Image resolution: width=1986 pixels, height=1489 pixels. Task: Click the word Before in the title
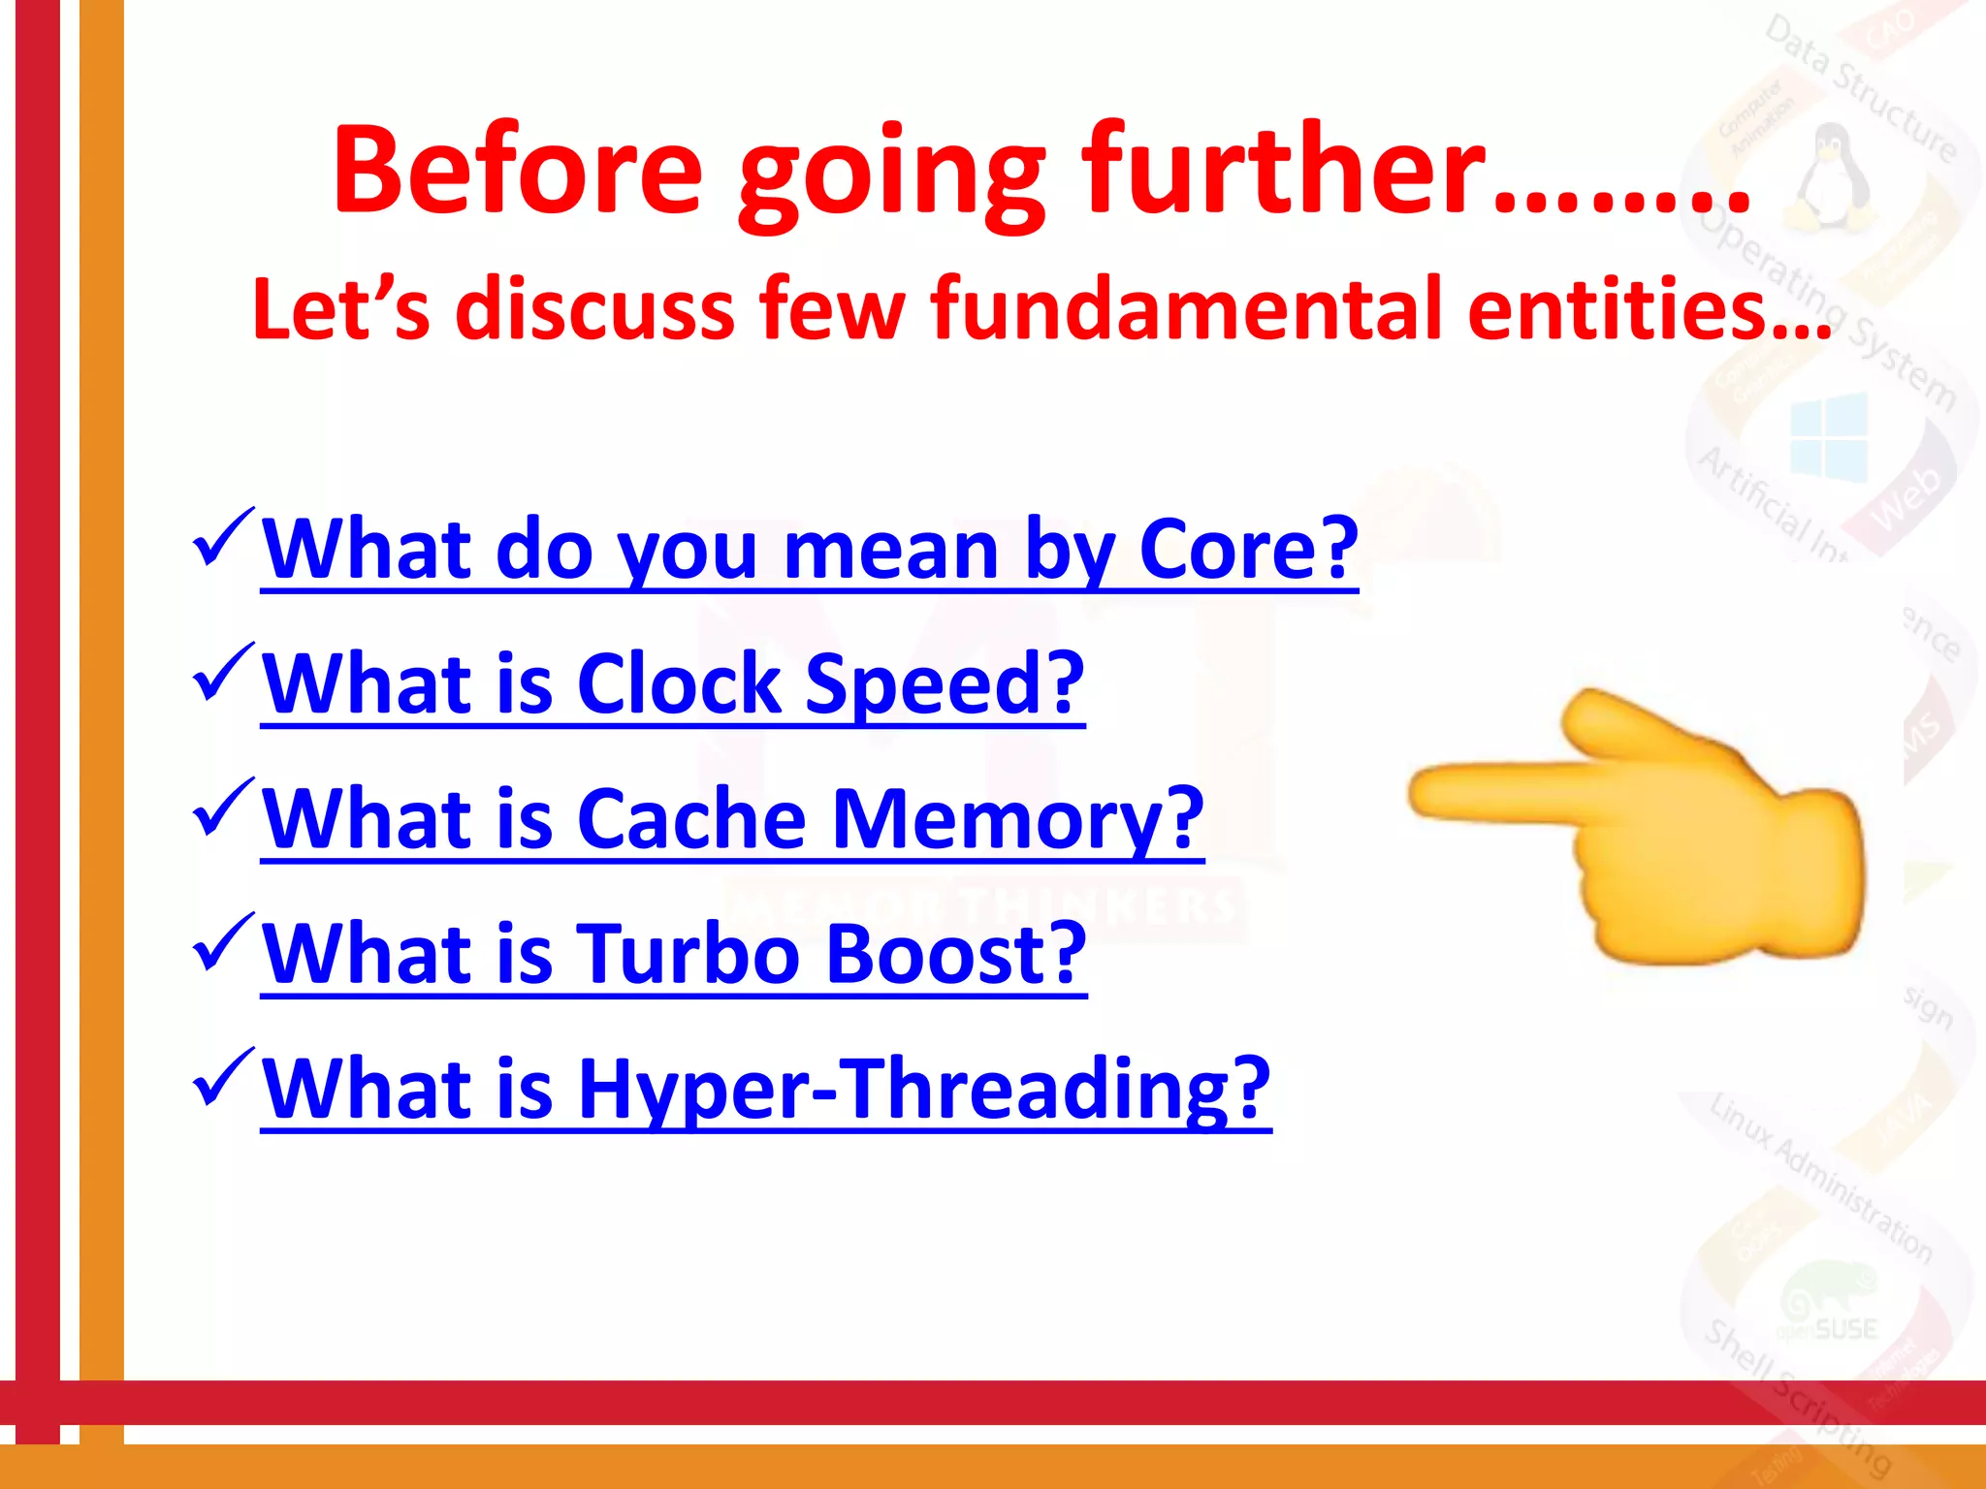click(517, 171)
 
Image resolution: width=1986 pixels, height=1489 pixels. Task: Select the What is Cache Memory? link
click(732, 820)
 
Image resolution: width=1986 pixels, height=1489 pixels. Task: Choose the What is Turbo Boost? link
click(673, 955)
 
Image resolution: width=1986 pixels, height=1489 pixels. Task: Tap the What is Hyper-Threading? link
click(765, 1090)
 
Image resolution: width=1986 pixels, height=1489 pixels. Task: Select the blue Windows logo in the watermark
click(1829, 436)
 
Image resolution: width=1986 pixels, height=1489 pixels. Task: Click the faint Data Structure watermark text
click(1862, 92)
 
